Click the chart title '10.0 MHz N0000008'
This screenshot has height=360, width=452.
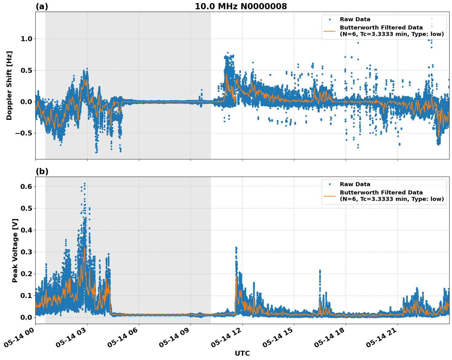[x=241, y=6]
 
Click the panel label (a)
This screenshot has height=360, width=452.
[x=42, y=6]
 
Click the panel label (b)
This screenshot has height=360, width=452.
[x=42, y=171]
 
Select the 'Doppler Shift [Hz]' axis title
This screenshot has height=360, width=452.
[x=9, y=85]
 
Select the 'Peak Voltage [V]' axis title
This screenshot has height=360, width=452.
[x=15, y=250]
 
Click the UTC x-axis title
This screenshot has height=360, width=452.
[x=242, y=353]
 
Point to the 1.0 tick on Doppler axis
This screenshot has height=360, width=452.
[x=26, y=39]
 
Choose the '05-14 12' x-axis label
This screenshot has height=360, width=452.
[x=226, y=339]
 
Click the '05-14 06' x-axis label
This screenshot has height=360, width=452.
[x=123, y=339]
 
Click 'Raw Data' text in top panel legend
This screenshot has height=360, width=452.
[x=355, y=19]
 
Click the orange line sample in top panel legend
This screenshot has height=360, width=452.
[x=330, y=31]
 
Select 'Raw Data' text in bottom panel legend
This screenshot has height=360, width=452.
[x=355, y=184]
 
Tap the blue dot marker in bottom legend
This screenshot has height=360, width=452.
[x=330, y=184]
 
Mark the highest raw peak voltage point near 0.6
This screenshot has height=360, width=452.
[x=85, y=184]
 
